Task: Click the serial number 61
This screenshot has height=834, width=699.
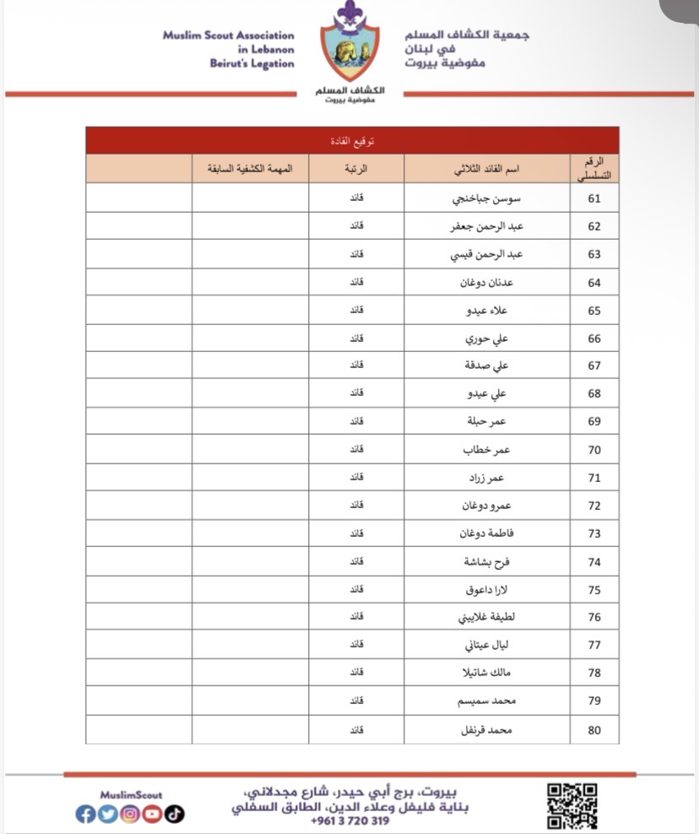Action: (594, 199)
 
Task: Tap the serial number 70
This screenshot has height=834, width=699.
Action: (594, 450)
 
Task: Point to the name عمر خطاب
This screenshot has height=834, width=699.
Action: (488, 450)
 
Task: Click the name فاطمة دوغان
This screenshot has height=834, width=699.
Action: (487, 533)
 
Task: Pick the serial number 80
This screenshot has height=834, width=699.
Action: (594, 730)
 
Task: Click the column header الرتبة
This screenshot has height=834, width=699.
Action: (356, 169)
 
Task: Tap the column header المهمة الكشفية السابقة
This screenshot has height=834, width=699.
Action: (250, 169)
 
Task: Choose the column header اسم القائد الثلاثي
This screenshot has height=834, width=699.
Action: (487, 169)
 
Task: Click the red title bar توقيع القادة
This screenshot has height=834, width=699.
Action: (352, 140)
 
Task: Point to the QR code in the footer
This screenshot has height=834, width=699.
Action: (573, 804)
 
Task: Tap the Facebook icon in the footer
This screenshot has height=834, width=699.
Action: (84, 815)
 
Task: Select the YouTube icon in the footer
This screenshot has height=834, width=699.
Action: (152, 815)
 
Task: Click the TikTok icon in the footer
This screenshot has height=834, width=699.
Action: (174, 815)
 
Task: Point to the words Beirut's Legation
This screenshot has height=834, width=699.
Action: (252, 64)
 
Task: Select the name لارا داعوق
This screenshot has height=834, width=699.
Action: (489, 589)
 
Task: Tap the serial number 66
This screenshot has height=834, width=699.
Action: (594, 338)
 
